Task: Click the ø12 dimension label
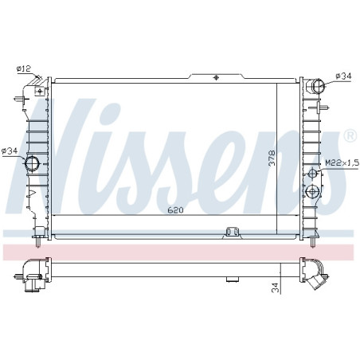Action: pos(24,69)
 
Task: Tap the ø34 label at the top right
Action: pos(343,76)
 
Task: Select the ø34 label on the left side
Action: pos(10,151)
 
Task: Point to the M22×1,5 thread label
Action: pos(342,162)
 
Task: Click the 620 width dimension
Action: pos(175,210)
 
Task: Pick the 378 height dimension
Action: pos(272,158)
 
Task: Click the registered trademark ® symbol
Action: pos(350,136)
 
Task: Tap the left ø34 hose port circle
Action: pos(32,163)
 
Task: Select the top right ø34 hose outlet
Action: pos(318,86)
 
